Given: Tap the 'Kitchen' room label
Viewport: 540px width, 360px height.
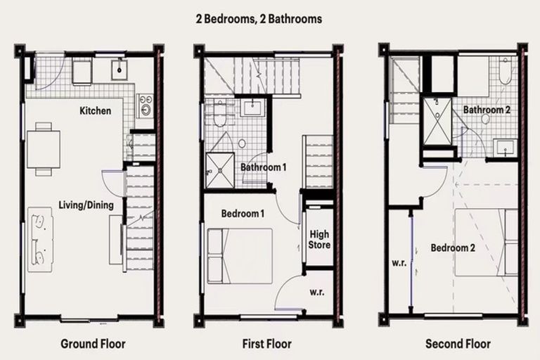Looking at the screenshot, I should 95,110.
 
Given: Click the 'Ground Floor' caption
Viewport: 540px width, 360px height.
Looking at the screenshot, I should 93,344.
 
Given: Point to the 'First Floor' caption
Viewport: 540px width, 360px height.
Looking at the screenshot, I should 267,344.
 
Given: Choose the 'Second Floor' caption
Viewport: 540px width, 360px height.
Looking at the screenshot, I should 458,344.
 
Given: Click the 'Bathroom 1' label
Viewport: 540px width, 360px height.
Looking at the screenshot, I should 264,167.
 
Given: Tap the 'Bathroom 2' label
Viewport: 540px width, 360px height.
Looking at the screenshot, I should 486,110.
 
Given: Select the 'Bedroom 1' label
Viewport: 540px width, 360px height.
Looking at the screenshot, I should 243,213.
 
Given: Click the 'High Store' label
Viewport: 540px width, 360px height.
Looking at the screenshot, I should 319,239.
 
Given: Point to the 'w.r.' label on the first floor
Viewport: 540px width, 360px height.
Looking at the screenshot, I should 316,291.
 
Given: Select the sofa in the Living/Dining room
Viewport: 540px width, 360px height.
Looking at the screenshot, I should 39,239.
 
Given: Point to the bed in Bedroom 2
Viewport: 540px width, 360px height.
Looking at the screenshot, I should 485,243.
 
